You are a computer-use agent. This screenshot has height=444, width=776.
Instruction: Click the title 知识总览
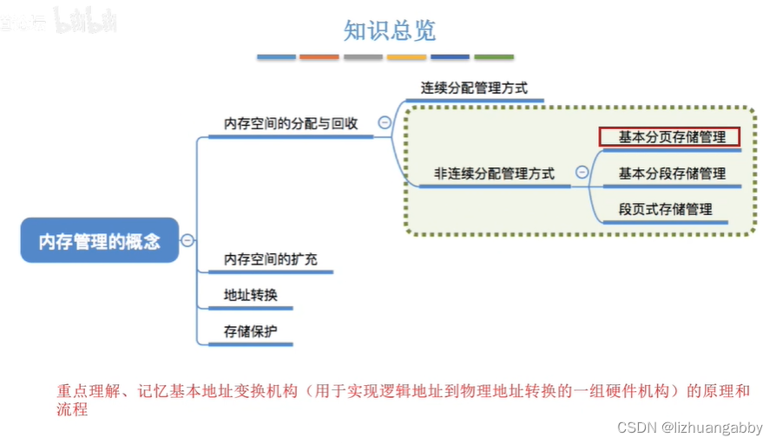389,31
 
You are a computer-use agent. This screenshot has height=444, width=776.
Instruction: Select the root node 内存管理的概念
100,240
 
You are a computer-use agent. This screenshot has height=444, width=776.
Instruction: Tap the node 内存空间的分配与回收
291,123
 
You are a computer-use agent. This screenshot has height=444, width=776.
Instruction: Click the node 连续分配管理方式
474,88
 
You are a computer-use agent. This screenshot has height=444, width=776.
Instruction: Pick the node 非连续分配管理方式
494,173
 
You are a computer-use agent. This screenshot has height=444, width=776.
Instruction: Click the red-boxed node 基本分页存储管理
668,137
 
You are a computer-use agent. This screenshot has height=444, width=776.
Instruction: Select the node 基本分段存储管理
672,173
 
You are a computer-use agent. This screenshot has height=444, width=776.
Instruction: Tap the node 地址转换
250,295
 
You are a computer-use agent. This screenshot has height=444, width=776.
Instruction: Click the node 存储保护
250,330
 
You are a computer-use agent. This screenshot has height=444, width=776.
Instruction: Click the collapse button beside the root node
187,241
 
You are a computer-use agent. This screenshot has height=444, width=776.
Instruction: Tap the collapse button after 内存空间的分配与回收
384,123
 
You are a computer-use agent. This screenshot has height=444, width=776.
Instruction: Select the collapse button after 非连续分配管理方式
582,173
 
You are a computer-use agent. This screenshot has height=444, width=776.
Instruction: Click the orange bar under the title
319,57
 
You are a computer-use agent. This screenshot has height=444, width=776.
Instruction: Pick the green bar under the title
493,57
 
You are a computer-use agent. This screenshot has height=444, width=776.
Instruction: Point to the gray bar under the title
363,57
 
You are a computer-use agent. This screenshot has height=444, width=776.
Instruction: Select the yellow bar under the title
406,57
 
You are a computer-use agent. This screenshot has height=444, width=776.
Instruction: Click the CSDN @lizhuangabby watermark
689,428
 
